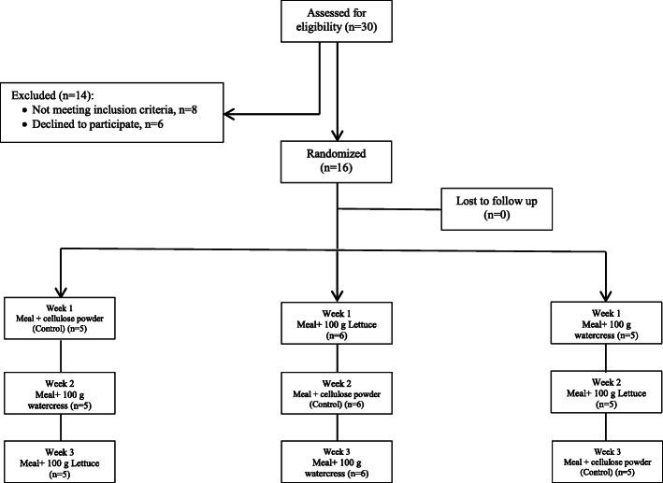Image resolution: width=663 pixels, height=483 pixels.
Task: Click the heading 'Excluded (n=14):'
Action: pyautogui.click(x=53, y=94)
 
